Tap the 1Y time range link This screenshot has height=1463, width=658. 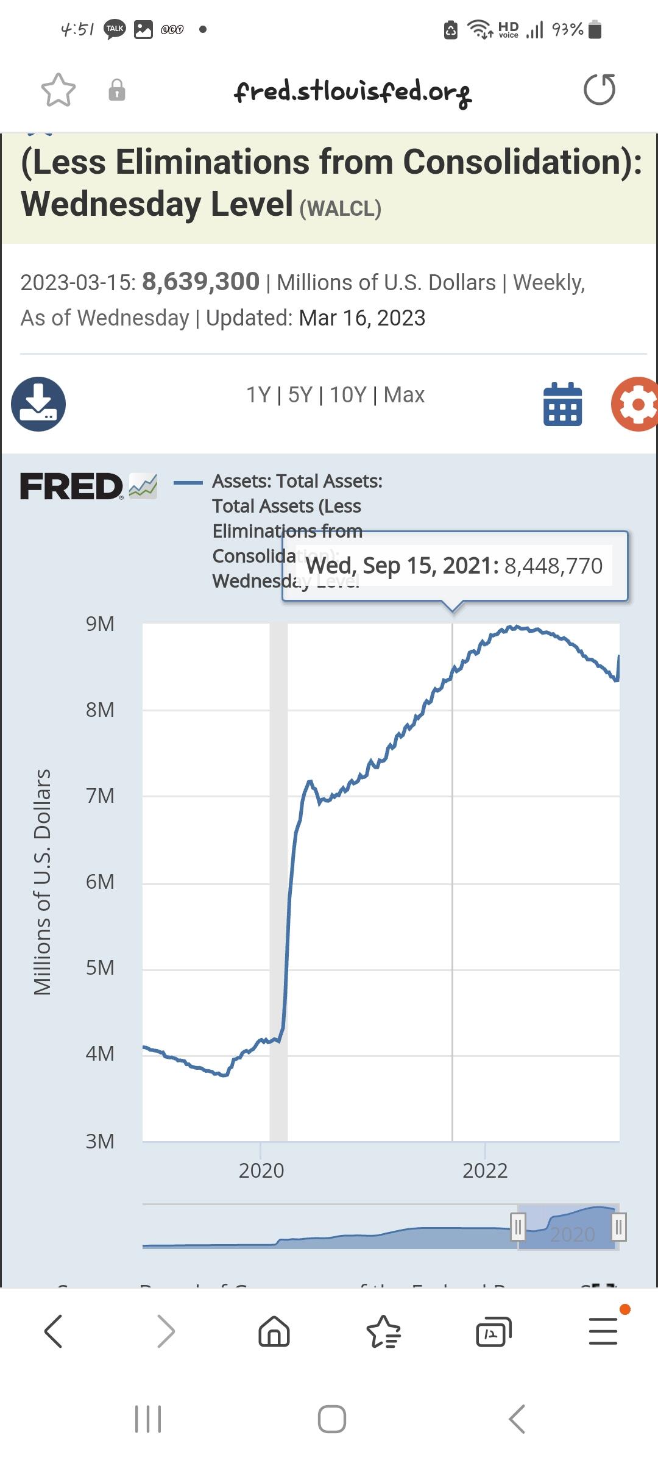258,395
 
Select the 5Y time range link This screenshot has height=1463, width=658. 300,395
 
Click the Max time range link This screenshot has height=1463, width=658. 404,395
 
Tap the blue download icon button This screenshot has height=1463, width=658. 38,404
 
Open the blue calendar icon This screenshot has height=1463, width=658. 562,404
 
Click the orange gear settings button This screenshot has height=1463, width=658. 635,404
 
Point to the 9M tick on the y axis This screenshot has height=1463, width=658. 100,624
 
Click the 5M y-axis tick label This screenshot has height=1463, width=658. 100,967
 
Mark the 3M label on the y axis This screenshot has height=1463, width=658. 100,1141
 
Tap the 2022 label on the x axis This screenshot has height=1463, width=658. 485,1170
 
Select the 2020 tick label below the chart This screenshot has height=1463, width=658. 261,1170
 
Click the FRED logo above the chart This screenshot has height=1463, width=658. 72,486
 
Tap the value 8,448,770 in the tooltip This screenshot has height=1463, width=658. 553,566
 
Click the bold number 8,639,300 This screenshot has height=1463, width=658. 200,282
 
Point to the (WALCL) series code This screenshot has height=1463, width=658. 341,208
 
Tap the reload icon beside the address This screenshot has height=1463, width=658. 600,90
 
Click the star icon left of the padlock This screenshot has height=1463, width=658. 58,90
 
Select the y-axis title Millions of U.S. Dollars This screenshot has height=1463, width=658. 42,881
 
